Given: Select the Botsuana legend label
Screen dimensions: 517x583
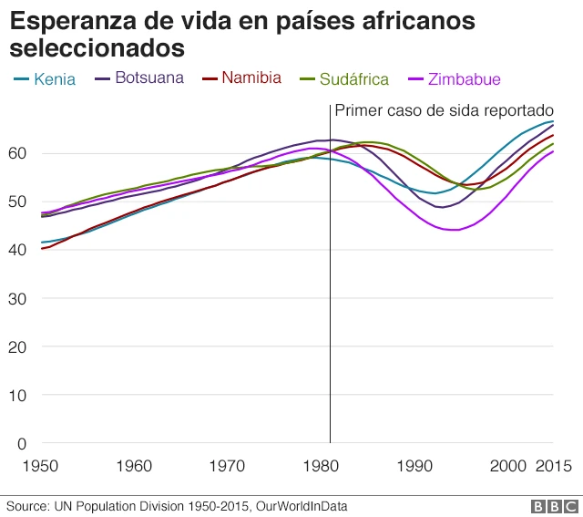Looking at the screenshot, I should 148,78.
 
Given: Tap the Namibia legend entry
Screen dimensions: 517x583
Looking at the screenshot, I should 250,78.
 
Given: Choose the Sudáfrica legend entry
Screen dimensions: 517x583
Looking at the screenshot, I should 353,79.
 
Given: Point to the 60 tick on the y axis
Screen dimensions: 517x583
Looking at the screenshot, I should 21,153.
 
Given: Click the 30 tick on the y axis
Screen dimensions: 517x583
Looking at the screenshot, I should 21,298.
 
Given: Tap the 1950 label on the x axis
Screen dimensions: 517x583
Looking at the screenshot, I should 40,466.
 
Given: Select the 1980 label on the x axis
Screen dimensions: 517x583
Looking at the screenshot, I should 322,466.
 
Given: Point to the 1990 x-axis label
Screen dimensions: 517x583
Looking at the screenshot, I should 415,466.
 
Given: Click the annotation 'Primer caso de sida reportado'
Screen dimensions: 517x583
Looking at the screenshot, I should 444,110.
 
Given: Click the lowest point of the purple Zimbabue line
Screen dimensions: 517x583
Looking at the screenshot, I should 454,230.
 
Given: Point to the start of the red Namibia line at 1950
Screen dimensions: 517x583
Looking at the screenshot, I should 41,248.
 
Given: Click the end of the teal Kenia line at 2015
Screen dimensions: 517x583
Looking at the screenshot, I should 553,121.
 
